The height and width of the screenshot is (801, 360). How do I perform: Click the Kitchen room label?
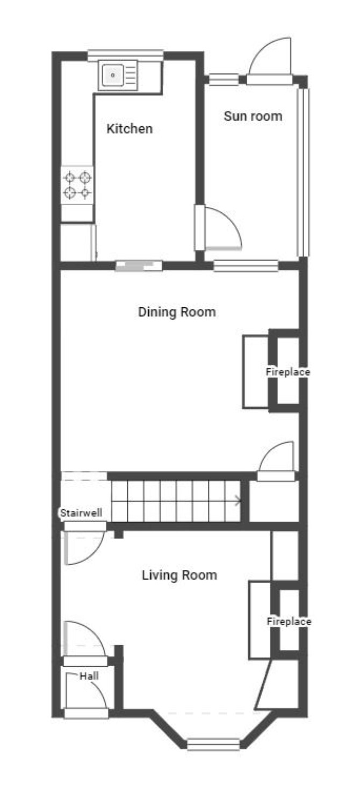(129, 129)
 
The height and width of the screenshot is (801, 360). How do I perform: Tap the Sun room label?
(253, 116)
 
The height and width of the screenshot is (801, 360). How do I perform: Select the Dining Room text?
(177, 312)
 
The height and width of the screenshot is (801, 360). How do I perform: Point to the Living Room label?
(179, 575)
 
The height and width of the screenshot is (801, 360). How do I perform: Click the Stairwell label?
(81, 513)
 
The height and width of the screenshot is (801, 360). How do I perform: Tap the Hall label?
(89, 676)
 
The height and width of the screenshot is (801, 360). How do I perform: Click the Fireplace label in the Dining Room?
(288, 372)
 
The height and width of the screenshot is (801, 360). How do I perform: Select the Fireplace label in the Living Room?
(289, 622)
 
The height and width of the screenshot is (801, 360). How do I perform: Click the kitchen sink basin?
(113, 75)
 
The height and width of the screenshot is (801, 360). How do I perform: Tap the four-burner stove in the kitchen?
(77, 185)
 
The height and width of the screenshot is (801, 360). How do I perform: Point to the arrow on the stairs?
(238, 501)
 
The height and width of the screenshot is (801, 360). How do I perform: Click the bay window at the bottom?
(213, 744)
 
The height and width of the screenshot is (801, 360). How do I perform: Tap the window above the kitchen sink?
(126, 55)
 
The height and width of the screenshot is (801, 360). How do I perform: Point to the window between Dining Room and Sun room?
(246, 266)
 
